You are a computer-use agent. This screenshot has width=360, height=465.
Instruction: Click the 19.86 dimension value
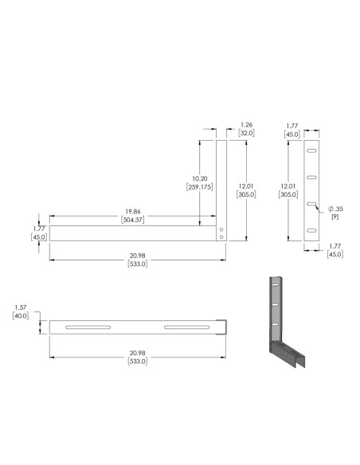pos(132,212)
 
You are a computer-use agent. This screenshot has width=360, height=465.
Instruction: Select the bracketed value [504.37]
pos(132,220)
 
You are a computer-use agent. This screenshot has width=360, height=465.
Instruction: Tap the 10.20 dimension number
pos(200,178)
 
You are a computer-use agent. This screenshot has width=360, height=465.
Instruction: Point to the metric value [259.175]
pos(200,187)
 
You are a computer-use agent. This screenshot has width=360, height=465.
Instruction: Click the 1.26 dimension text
pos(246,124)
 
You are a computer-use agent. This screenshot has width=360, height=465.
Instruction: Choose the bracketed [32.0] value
pos(246,133)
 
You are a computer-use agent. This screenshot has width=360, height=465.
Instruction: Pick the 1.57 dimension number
pos(21,307)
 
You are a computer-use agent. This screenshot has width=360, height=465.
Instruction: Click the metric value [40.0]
pos(21,316)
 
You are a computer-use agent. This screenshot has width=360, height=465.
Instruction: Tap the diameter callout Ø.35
pos(335,209)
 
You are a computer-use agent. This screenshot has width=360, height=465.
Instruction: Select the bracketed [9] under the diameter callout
pos(335,217)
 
